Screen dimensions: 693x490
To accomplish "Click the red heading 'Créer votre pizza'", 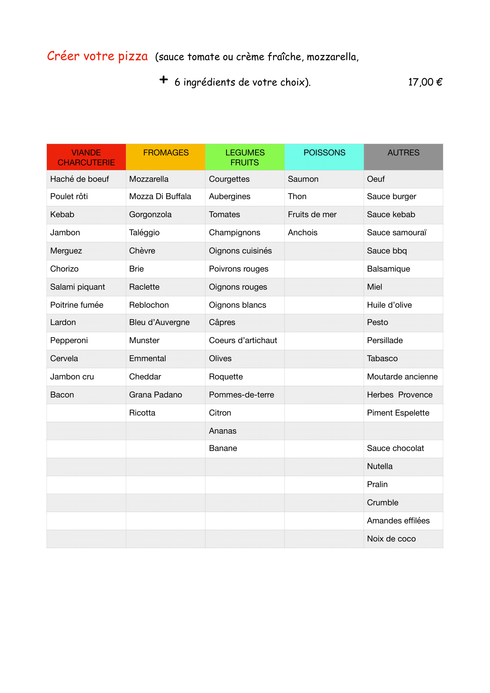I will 97,56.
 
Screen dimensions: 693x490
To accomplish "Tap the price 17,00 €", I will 425,82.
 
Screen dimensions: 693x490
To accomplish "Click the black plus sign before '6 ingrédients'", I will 164,80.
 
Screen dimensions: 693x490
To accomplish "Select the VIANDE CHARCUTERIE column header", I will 86,157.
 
